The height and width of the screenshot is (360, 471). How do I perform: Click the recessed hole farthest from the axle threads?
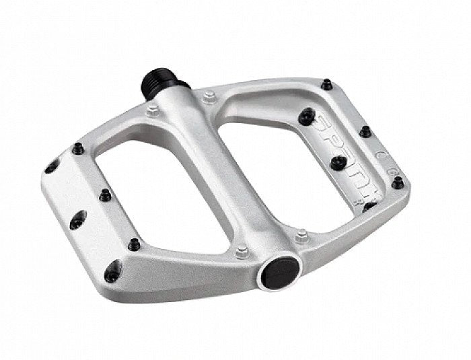tap(112, 270)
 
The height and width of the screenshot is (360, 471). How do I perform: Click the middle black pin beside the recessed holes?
tap(104, 196)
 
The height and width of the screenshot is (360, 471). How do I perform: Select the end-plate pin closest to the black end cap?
tap(134, 243)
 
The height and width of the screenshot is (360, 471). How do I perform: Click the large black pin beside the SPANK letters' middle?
tap(339, 161)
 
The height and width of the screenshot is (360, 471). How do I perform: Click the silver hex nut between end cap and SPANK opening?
tap(301, 236)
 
